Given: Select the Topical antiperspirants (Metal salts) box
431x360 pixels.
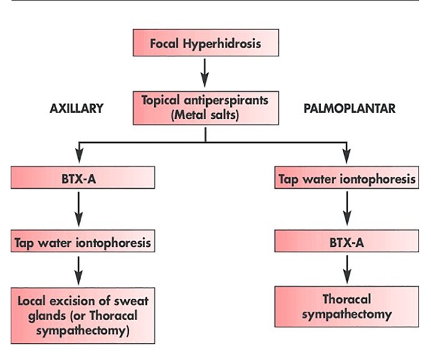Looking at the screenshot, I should tap(205, 107).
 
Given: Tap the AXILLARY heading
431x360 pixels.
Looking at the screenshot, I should tap(76, 108).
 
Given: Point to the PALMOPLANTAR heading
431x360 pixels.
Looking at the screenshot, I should tap(349, 108).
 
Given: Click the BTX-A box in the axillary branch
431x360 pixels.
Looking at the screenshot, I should tap(82, 179).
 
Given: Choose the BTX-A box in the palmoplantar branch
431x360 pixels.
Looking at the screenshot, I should tap(347, 241).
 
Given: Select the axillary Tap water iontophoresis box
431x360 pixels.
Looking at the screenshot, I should tap(82, 242).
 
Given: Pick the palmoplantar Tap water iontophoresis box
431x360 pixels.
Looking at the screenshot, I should tap(347, 179).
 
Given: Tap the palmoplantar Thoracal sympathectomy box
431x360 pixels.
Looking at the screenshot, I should tap(347, 306).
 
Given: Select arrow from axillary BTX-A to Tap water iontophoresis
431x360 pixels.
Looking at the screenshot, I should tap(78, 211).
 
